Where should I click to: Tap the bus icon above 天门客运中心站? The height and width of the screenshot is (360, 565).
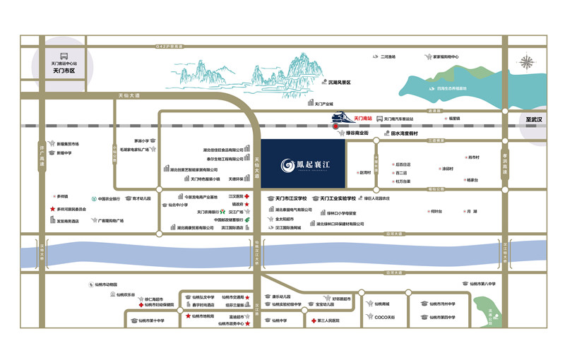(64, 54)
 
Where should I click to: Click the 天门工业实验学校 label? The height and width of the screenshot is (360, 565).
(349, 199)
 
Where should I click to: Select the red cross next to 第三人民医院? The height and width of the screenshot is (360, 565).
(313, 320)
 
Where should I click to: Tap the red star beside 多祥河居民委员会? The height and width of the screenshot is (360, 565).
(52, 209)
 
